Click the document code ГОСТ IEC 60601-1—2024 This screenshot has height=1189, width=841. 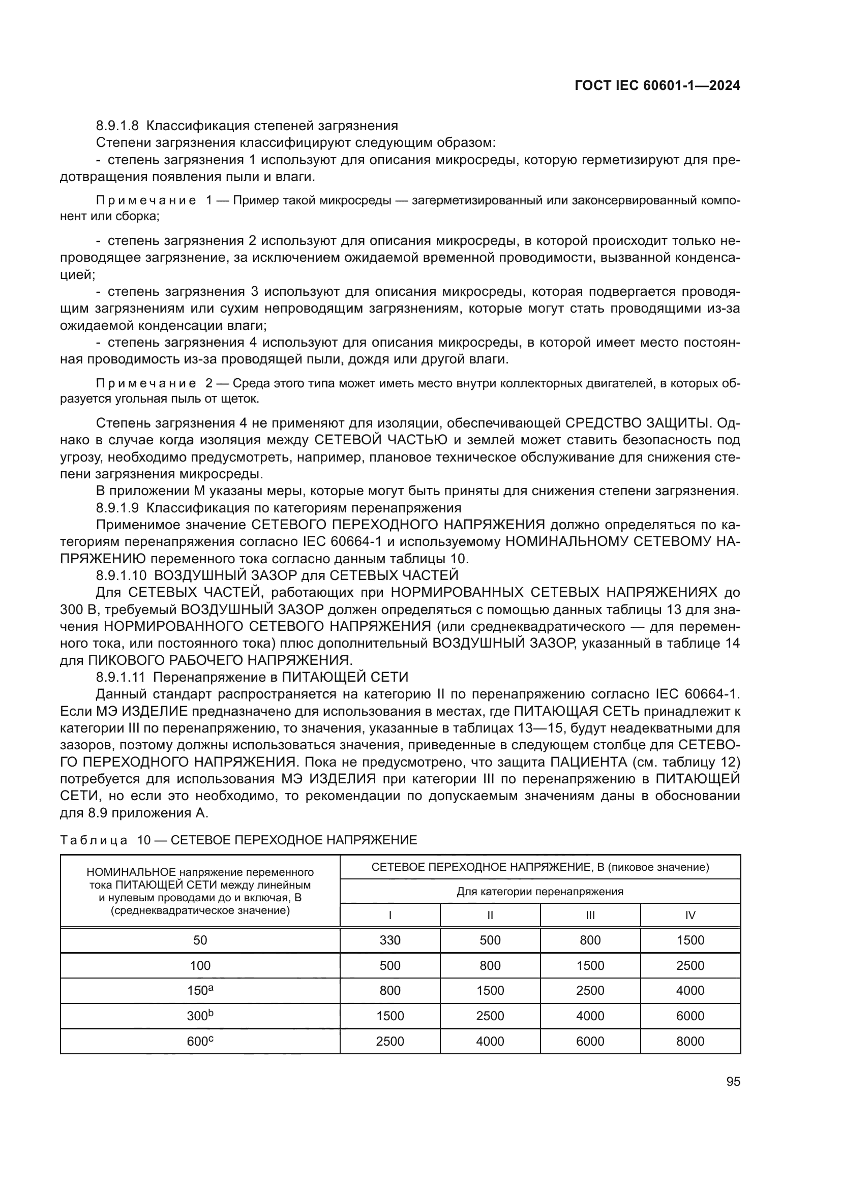click(x=657, y=86)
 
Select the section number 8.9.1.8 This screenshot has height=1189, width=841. click(x=117, y=126)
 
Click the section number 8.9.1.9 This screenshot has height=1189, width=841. click(x=117, y=507)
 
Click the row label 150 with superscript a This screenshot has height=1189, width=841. click(x=200, y=990)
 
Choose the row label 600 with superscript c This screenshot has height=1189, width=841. click(x=200, y=1041)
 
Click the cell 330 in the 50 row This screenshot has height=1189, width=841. click(x=389, y=940)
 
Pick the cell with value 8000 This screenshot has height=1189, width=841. click(x=690, y=1042)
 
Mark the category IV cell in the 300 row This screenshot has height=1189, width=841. click(x=690, y=1016)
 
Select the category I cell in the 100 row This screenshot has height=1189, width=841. click(x=389, y=965)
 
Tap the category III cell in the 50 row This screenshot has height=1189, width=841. click(x=590, y=940)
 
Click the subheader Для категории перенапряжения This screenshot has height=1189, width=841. click(x=539, y=891)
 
